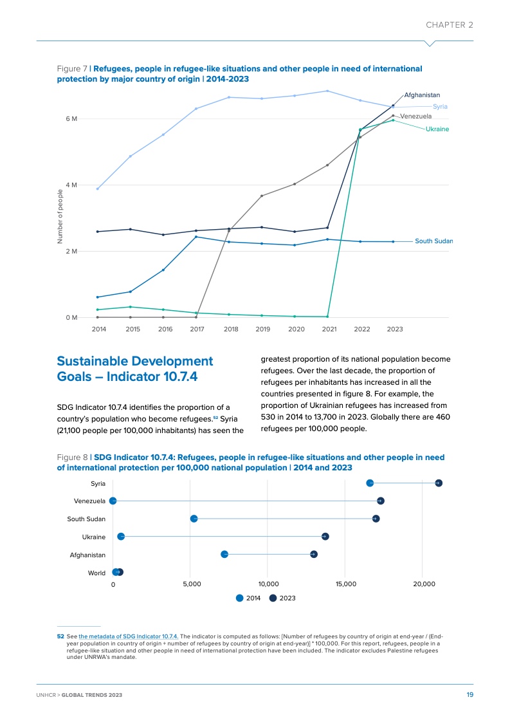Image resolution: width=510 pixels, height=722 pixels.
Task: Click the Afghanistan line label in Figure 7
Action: coord(422,95)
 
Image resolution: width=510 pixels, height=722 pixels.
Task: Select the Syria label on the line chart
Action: coord(441,106)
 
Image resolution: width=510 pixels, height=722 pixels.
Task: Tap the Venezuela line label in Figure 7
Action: coord(415,116)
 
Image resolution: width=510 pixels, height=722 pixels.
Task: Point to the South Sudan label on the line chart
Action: coord(433,241)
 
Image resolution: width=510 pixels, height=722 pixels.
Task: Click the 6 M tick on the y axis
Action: coord(71,119)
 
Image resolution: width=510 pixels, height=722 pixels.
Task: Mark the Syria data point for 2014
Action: coord(97,189)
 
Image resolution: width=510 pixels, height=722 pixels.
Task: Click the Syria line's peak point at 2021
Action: coord(327,91)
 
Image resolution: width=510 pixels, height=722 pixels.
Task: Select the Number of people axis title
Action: coord(60,216)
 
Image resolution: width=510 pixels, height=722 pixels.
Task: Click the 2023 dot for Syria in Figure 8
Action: coord(439,483)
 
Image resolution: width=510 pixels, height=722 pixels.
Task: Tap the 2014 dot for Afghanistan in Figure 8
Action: coord(224,554)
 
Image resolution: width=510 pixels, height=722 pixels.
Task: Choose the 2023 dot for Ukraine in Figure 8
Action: coord(325,537)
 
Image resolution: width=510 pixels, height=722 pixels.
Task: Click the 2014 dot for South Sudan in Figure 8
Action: coord(194,519)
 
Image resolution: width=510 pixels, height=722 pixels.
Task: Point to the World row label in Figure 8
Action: coord(96,573)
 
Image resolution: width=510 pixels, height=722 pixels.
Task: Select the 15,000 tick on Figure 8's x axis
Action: coord(345,584)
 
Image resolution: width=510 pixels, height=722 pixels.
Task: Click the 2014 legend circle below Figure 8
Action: coord(240,598)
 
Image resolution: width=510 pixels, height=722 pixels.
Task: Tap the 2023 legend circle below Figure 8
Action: coord(273,598)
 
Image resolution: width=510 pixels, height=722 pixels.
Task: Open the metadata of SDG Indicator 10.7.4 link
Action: coord(129,636)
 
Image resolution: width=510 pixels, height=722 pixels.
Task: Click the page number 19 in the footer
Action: coord(469,695)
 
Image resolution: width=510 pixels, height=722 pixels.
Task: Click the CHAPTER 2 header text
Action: coord(450,25)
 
